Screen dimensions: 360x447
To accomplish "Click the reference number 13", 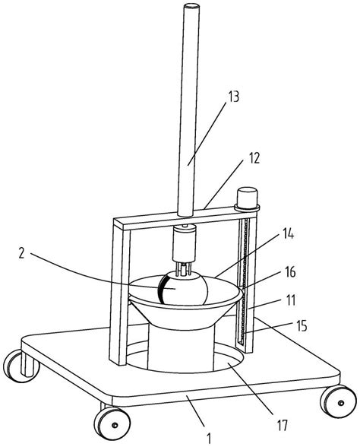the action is [232, 97].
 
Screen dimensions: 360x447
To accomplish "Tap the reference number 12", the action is [254, 157].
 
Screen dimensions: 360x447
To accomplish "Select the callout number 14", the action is [289, 235].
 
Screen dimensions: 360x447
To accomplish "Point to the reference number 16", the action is [290, 272].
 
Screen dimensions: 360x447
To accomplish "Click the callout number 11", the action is [290, 300].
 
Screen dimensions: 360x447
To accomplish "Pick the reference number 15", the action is [302, 326].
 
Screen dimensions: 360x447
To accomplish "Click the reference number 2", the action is [21, 253].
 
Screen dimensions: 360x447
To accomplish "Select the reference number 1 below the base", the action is [209, 439].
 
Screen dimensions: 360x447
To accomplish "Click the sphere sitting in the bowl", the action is [183, 288].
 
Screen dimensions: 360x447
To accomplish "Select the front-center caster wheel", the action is [112, 423].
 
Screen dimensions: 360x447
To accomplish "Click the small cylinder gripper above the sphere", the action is [184, 244].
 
